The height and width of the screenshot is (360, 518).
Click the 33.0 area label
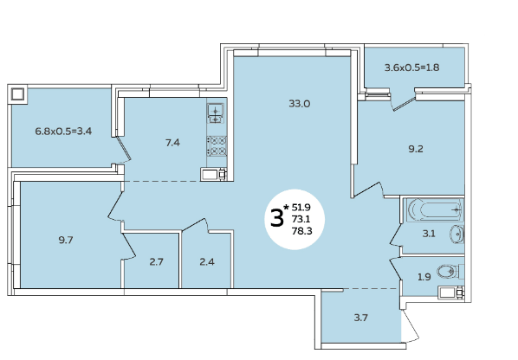coord(300,104)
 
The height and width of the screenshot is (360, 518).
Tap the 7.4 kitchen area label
coord(172,143)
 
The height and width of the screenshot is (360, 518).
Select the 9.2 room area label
coord(416,149)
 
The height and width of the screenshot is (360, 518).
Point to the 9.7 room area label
coord(66,240)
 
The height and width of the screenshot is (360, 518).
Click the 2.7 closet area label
coord(156,261)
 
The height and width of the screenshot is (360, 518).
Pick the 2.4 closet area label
coord(207,261)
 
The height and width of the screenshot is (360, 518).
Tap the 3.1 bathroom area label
coord(429,234)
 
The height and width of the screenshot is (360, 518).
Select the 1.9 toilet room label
coord(424,277)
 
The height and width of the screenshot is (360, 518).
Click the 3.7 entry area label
coord(360,318)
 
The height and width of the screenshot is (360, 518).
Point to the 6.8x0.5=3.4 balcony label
coord(63,131)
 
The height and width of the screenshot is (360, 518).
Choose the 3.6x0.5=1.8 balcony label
coord(412,67)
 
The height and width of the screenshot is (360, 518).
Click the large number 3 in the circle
coord(277,218)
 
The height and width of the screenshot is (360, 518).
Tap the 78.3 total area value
coord(301,231)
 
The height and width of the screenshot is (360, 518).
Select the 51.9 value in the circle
coord(301,207)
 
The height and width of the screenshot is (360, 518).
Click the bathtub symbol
coord(435,209)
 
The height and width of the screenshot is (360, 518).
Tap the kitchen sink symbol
coord(216,112)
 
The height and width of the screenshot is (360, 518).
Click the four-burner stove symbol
coord(217,146)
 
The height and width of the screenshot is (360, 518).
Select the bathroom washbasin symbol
coord(456,235)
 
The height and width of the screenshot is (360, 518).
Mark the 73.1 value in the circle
coord(301,219)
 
